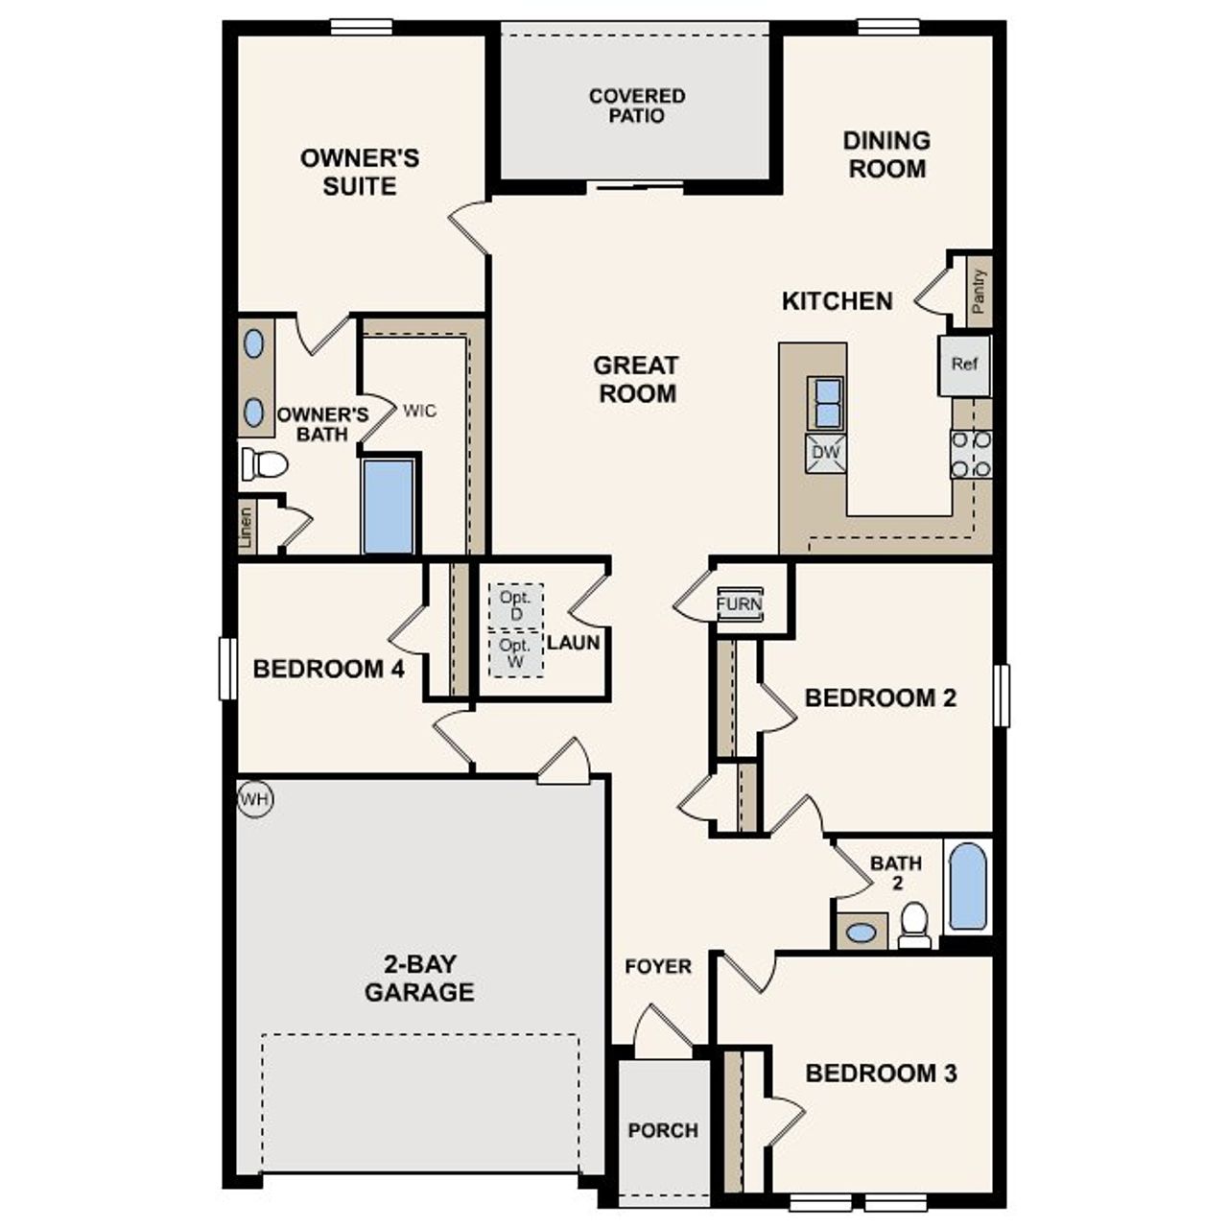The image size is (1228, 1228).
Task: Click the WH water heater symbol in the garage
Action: (255, 799)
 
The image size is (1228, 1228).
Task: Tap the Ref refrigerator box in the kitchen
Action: (964, 365)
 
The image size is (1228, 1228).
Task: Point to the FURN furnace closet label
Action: (740, 604)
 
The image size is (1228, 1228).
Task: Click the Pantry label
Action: (979, 292)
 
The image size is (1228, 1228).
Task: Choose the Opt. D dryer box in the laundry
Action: (516, 606)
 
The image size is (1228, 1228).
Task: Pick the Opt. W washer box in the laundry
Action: (516, 653)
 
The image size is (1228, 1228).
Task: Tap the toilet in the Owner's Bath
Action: (265, 465)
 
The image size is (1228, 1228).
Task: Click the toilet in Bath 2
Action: (915, 924)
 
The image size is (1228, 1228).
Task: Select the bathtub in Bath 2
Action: (967, 886)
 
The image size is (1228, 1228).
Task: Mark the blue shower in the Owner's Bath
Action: (390, 507)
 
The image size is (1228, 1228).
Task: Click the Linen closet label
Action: (247, 528)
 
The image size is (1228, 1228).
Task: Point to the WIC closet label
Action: (419, 411)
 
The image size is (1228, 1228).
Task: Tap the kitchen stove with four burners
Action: (971, 454)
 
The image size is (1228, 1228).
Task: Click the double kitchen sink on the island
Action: (825, 402)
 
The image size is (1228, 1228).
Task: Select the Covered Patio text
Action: (637, 106)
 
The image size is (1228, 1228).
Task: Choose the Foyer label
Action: (658, 966)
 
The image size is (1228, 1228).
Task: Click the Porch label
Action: (663, 1130)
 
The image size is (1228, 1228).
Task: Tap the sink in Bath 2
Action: (862, 931)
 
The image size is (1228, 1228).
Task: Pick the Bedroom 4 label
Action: (328, 669)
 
